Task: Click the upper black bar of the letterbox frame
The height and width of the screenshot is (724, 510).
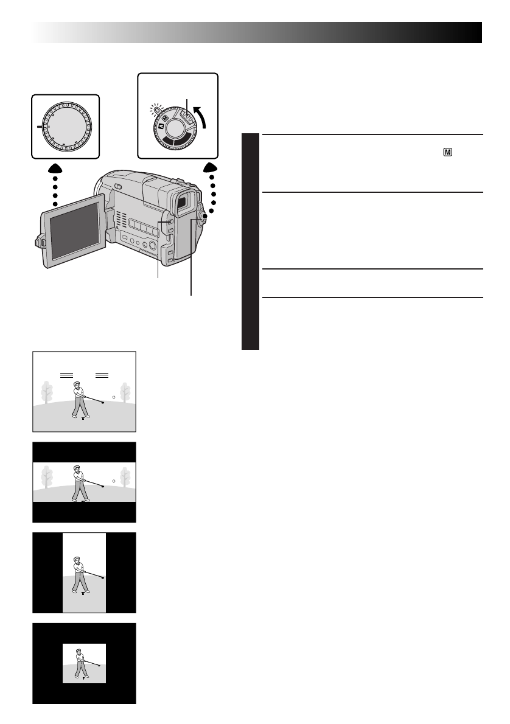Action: (84, 452)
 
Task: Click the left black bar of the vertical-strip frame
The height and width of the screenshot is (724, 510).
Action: (47, 573)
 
